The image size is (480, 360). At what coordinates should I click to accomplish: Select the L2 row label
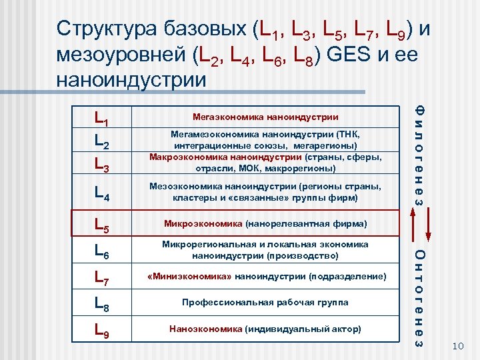(x=102, y=142)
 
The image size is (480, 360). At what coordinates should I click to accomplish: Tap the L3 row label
(x=102, y=165)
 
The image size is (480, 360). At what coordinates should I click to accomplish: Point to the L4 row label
(x=102, y=193)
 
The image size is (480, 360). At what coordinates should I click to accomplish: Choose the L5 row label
(x=102, y=224)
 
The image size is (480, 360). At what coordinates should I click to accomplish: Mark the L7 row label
(x=102, y=277)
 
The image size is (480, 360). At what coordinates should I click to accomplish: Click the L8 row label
(x=102, y=304)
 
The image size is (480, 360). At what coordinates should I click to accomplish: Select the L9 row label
(x=102, y=331)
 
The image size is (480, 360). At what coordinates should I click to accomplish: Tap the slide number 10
(x=457, y=345)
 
